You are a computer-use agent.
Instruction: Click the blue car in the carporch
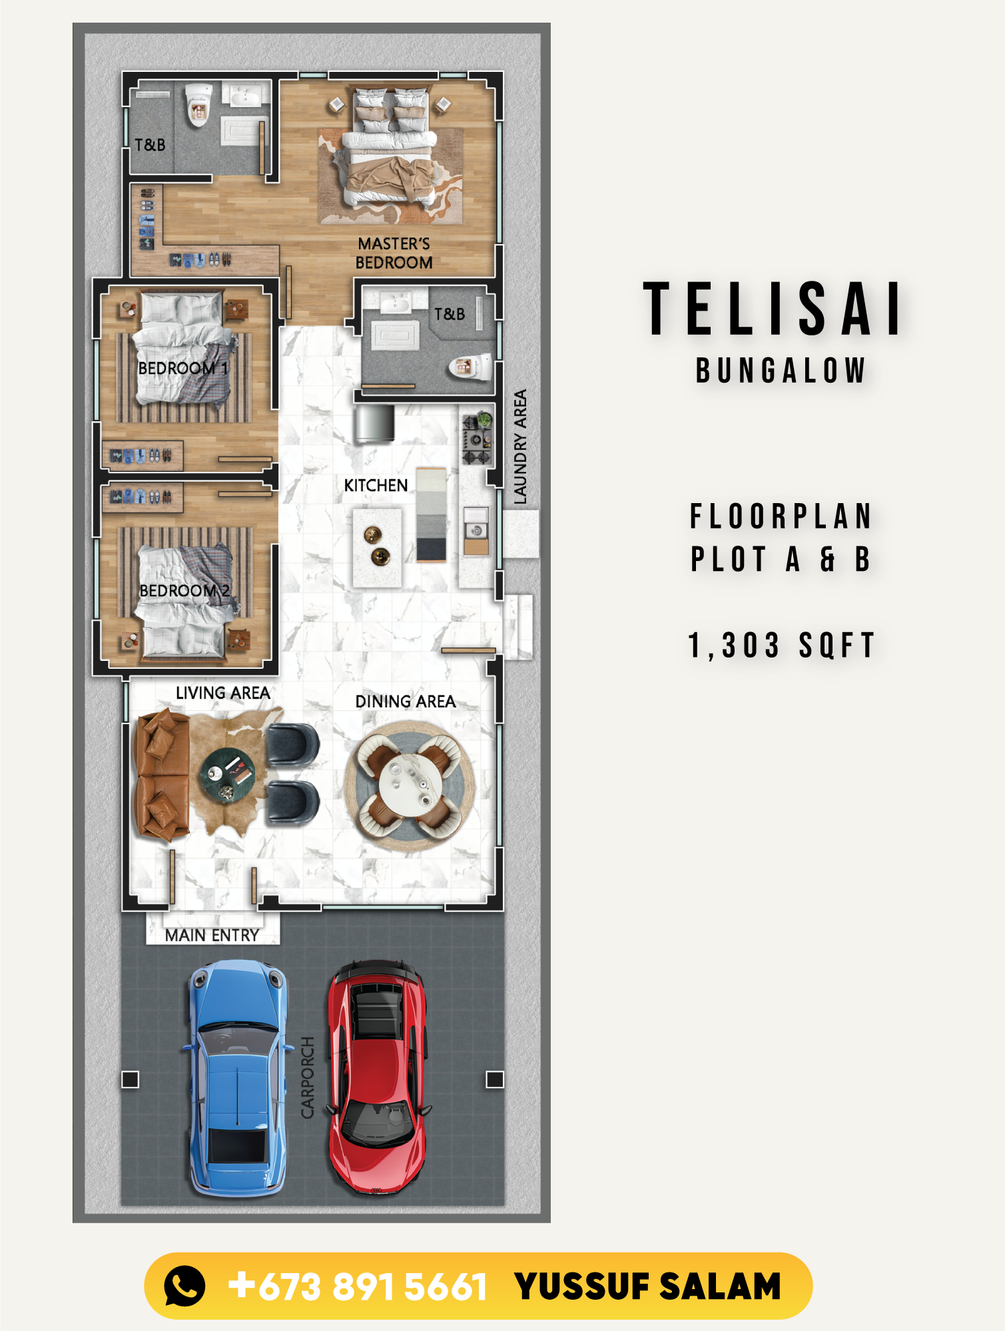[238, 1078]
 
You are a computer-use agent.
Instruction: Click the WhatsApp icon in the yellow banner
[184, 1285]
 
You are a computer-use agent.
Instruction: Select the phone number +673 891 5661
[358, 1286]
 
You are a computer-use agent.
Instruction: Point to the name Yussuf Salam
[647, 1286]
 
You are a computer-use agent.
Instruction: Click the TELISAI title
[773, 309]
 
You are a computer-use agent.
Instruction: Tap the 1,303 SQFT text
[781, 646]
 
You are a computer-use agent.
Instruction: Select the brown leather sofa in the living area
[162, 774]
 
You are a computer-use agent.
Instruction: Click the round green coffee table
[227, 775]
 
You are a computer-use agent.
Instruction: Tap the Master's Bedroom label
[394, 253]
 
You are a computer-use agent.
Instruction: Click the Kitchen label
[376, 485]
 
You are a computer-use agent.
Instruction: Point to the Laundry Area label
[520, 447]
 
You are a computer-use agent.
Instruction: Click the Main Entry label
[212, 935]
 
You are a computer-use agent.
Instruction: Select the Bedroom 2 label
[184, 590]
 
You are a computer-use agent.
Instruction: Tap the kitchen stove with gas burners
[477, 439]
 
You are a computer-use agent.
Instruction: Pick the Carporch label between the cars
[307, 1077]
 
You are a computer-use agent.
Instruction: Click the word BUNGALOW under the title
[781, 371]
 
